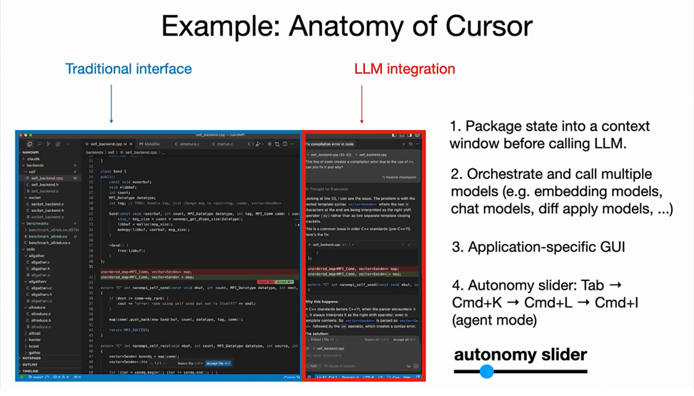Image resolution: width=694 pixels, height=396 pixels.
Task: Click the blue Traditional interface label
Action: (x=129, y=69)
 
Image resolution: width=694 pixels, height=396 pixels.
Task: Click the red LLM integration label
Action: (x=405, y=69)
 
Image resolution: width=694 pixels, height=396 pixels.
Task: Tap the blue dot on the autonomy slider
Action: (x=487, y=371)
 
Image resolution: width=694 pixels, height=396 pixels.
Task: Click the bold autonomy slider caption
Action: (x=520, y=355)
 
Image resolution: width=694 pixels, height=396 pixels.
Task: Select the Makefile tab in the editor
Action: (x=151, y=144)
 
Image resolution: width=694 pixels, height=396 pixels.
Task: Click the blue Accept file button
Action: (x=217, y=363)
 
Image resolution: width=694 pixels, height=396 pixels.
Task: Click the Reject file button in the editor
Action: (x=190, y=363)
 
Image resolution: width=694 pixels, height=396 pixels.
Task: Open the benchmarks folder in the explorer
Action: (x=37, y=223)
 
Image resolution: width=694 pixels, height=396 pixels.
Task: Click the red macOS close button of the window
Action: (x=21, y=135)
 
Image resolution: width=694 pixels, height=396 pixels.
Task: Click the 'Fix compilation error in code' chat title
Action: (x=330, y=144)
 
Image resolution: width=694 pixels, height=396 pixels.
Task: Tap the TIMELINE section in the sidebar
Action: (x=31, y=371)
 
